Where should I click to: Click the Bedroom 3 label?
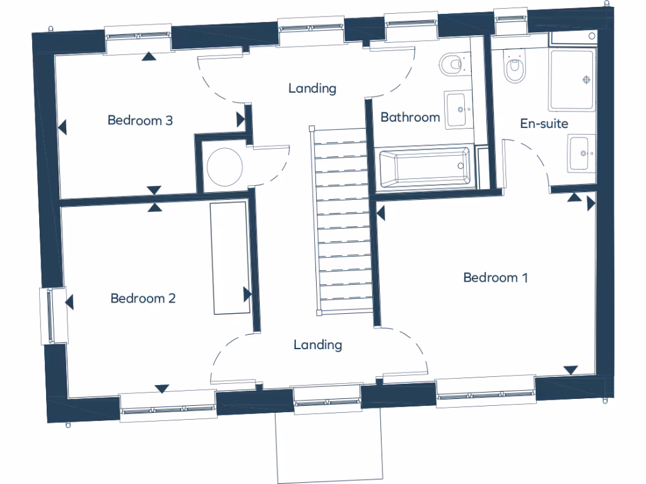click(140, 120)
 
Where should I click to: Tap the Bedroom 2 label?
click(143, 298)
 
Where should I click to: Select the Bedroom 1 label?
click(495, 277)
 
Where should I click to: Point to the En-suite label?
click(544, 124)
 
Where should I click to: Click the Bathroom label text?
click(410, 117)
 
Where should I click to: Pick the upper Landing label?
click(312, 88)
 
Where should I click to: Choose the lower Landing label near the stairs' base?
click(318, 345)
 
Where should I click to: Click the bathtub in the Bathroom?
click(424, 168)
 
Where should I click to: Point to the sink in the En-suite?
click(580, 153)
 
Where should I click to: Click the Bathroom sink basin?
click(457, 110)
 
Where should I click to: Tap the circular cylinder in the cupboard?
click(225, 166)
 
